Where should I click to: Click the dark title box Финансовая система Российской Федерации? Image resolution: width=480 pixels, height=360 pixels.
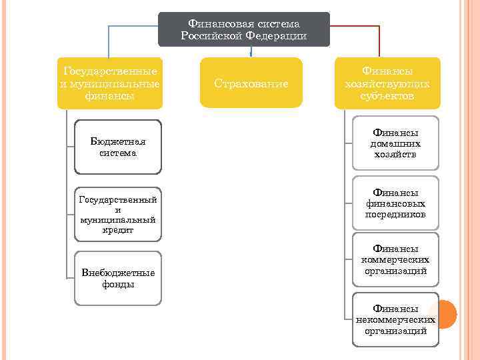(243, 29)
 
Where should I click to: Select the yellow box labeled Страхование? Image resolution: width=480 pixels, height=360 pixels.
(251, 83)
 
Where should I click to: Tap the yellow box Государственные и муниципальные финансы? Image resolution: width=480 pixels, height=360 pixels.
(109, 83)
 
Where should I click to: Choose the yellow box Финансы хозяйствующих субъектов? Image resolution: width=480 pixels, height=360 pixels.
(387, 83)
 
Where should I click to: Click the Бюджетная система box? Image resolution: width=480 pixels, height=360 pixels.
(118, 147)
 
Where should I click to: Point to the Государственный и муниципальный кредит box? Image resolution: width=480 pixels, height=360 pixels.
(118, 214)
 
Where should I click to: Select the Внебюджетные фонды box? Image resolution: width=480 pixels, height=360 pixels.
(118, 278)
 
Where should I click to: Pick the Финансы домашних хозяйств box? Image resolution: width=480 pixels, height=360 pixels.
(395, 143)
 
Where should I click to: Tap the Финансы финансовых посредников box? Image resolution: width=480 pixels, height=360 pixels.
(395, 203)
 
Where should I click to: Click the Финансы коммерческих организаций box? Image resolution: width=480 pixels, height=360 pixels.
(395, 260)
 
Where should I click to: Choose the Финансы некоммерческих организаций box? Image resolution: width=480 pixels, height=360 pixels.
(395, 319)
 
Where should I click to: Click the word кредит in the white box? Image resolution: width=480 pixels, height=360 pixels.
(118, 230)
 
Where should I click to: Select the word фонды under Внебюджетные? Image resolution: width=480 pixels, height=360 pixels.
(118, 285)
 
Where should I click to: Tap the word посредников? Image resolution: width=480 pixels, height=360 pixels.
(395, 215)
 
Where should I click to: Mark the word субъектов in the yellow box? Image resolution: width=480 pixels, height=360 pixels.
(387, 96)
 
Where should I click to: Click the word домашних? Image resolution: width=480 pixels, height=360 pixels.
(395, 143)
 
